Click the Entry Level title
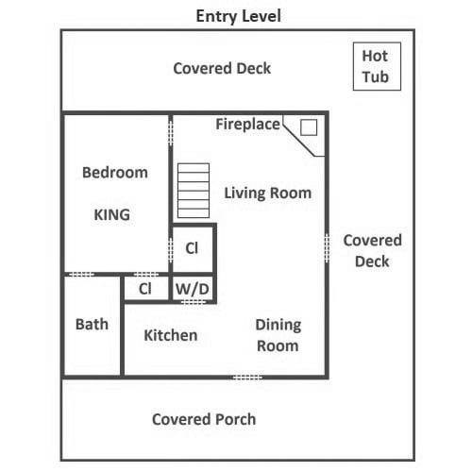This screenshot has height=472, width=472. click(238, 16)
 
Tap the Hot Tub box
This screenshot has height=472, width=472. click(377, 66)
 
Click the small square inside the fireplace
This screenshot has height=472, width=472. click(309, 127)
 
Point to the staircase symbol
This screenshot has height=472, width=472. click(194, 191)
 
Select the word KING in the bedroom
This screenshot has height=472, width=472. click(112, 215)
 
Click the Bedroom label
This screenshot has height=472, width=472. click(115, 173)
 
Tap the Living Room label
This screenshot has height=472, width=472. click(268, 193)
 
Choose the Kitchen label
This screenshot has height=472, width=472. click(171, 335)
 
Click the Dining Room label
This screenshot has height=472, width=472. click(278, 335)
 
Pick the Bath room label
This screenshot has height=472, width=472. click(92, 324)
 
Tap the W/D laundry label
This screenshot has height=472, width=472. click(193, 289)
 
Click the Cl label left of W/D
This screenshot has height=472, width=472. click(145, 289)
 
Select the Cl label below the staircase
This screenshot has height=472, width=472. click(192, 248)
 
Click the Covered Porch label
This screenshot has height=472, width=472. click(204, 419)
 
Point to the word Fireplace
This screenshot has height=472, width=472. click(247, 124)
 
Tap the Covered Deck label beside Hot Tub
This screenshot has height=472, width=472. click(222, 68)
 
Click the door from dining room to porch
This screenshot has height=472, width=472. click(247, 377)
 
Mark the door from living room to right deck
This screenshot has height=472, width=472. click(327, 248)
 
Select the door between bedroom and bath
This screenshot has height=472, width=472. click(81, 275)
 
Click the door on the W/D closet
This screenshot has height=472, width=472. click(194, 302)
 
